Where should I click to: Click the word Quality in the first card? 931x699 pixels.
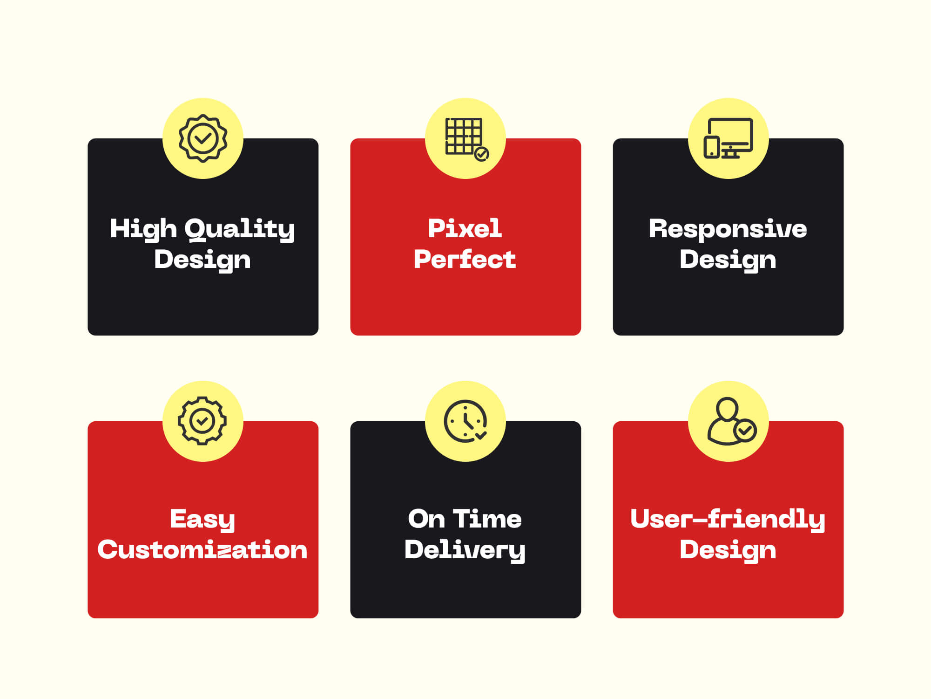[x=240, y=230]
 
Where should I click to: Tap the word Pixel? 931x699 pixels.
[x=465, y=228]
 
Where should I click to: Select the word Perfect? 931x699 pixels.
[x=465, y=259]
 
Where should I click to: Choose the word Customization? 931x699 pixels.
[x=202, y=549]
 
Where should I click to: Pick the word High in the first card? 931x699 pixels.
[x=143, y=230]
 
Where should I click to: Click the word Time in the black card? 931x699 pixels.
[x=487, y=519]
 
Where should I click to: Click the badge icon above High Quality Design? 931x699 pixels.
[x=203, y=138]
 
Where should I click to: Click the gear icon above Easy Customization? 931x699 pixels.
[x=202, y=421]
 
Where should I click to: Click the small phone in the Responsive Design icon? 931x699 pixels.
[x=712, y=147]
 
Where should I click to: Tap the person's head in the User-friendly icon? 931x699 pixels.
[x=727, y=409]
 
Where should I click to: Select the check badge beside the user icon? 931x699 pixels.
[x=745, y=430]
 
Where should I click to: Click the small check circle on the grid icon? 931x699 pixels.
[x=481, y=154]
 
